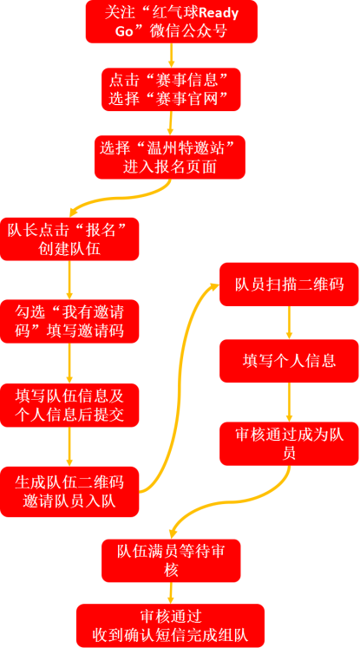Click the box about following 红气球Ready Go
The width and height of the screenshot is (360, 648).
(x=171, y=22)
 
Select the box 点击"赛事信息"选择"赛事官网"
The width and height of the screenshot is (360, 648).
(x=171, y=89)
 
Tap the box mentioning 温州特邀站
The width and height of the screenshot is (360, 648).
(x=170, y=158)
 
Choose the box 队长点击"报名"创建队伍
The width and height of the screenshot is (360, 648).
(x=69, y=239)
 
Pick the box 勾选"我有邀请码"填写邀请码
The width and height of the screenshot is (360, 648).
(x=69, y=322)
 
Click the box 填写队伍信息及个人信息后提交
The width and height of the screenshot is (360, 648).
(x=69, y=405)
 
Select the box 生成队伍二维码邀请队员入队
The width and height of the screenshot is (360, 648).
(x=69, y=492)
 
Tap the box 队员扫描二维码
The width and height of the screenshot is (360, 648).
(x=289, y=285)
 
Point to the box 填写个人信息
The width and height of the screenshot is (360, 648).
(x=289, y=361)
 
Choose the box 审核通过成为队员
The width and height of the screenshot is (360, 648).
(x=289, y=443)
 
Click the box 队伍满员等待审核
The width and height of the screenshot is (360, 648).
(x=171, y=560)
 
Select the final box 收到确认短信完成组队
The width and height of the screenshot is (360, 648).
(x=170, y=625)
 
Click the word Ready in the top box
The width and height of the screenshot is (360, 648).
(x=219, y=14)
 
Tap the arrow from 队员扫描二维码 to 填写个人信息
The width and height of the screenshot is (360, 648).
(x=289, y=323)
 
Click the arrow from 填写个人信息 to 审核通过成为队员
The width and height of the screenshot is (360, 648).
(x=289, y=403)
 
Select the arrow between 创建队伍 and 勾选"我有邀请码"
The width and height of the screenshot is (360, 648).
(x=69, y=280)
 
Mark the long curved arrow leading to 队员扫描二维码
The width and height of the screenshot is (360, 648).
(x=178, y=384)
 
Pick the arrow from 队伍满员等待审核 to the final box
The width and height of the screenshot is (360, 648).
(x=171, y=593)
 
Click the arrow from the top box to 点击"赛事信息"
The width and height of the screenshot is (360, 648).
(x=171, y=56)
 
